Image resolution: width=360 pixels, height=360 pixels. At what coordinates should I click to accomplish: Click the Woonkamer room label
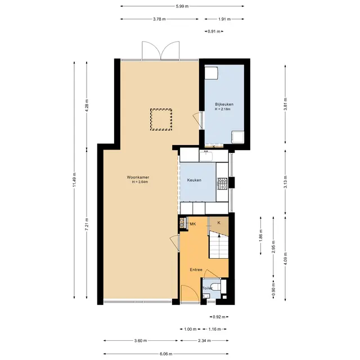click(138, 177)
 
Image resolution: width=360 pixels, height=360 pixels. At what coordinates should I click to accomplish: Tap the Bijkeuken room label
click(224, 104)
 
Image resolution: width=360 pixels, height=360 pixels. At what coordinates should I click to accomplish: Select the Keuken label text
click(194, 180)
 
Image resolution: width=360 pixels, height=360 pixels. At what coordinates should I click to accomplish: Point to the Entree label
click(196, 270)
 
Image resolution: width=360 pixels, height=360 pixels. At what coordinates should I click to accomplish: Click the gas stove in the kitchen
click(222, 184)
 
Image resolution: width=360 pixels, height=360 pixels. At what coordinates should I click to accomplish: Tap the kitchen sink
click(206, 156)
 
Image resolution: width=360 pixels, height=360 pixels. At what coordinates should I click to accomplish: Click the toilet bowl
click(216, 286)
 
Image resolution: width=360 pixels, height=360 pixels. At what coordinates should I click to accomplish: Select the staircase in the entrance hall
click(219, 245)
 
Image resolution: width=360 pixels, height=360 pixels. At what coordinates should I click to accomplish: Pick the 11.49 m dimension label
click(74, 179)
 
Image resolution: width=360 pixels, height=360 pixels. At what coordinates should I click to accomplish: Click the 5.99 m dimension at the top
click(182, 6)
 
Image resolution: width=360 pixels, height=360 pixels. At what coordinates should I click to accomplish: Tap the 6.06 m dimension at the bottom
click(166, 354)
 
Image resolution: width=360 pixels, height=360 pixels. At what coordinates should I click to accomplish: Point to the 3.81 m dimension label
click(285, 104)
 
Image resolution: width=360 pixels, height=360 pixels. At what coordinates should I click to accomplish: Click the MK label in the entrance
click(193, 224)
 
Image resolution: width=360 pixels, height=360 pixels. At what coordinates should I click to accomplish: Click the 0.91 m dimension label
click(214, 31)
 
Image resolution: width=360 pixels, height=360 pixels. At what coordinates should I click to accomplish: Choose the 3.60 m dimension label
click(141, 341)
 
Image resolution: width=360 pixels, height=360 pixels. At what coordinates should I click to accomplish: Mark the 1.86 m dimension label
click(260, 236)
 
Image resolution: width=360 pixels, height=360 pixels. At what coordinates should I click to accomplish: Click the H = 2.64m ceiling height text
click(140, 182)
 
